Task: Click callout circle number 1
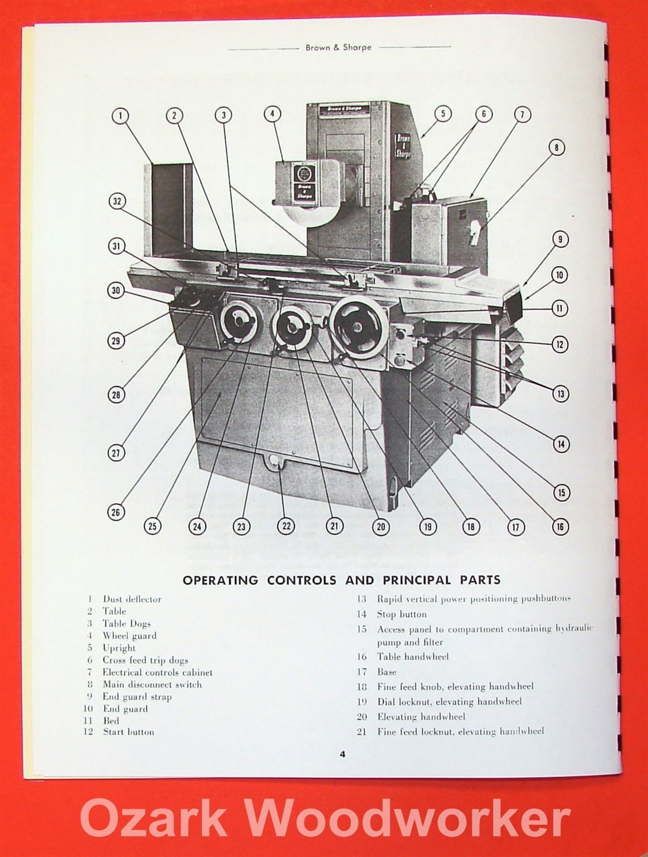[x=122, y=115]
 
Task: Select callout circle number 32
[x=117, y=201]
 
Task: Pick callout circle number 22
[x=287, y=526]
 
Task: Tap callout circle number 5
[x=443, y=114]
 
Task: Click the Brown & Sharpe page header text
[x=338, y=47]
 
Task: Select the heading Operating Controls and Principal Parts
[x=342, y=580]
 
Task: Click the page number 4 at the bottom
[x=342, y=755]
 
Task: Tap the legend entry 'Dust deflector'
[x=132, y=599]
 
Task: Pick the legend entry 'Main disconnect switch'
[x=152, y=685]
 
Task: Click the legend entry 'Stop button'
[x=402, y=614]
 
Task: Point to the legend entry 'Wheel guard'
[x=130, y=636]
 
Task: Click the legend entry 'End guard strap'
[x=137, y=697]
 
